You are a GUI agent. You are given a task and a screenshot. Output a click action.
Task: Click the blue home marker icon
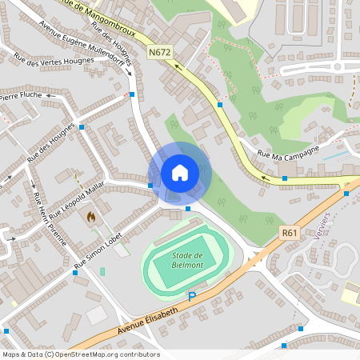point(179,173)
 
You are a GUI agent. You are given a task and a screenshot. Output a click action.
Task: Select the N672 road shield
point(159,53)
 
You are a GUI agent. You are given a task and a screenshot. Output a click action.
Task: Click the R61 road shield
point(290,233)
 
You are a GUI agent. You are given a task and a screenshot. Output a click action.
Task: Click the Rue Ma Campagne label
point(288,152)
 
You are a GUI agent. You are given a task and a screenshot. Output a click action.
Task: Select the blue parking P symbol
point(191,297)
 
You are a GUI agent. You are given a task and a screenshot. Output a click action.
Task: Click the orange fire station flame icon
point(91,216)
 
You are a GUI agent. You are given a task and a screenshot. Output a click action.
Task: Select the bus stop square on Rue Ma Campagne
point(285,178)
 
